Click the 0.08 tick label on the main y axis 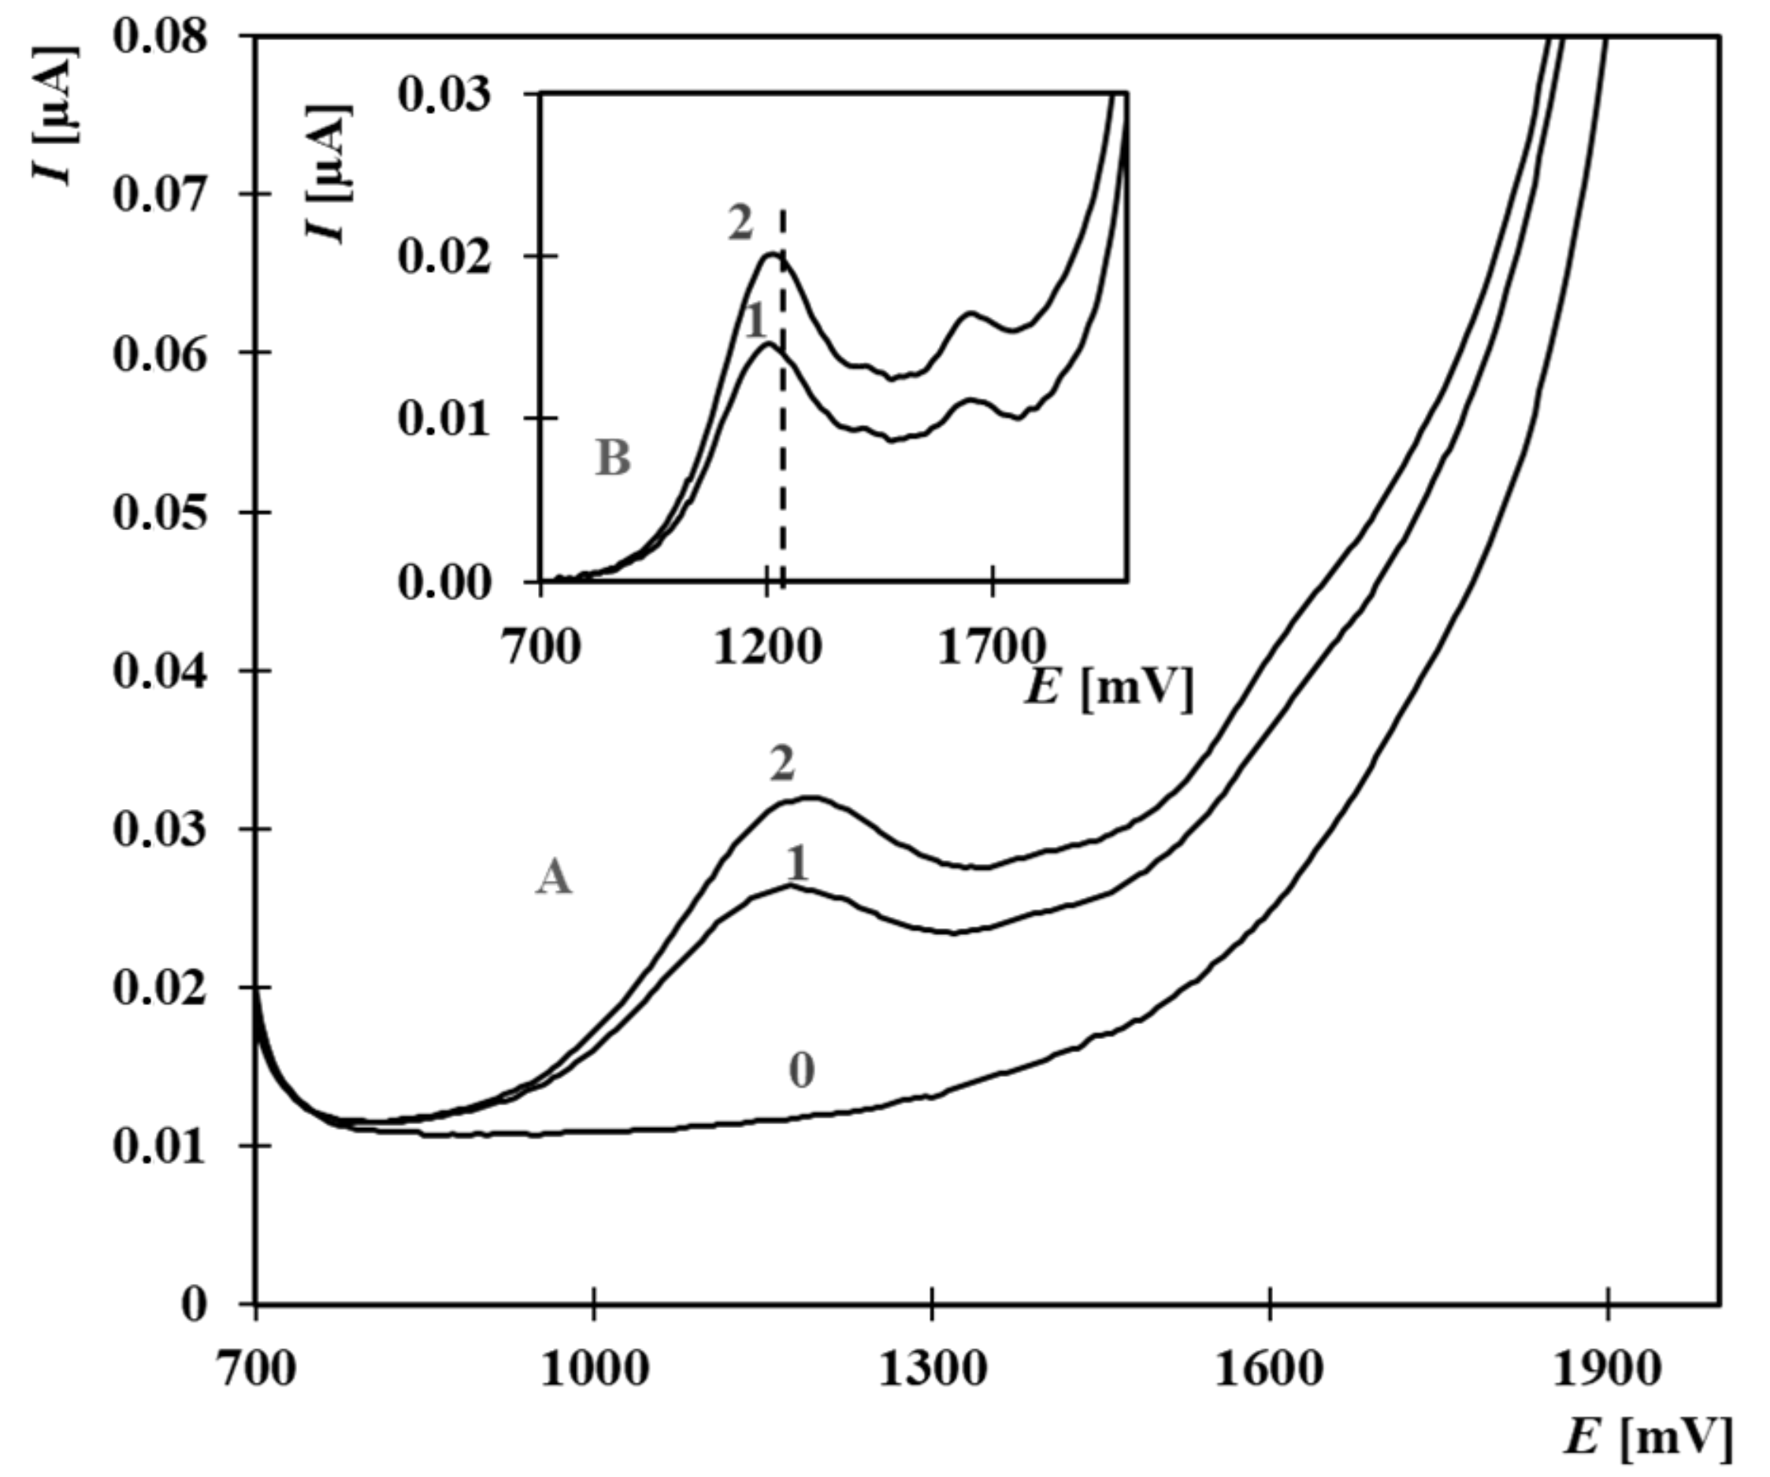(159, 38)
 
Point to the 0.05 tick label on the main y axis (159, 513)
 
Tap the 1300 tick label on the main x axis (931, 1370)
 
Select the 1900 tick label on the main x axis (1607, 1370)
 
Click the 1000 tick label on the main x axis (594, 1370)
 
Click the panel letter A (554, 879)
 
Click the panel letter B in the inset (613, 460)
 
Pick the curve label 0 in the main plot (802, 1071)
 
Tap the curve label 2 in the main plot (782, 765)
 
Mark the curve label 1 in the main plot (796, 864)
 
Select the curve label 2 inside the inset (740, 225)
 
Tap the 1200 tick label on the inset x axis (766, 649)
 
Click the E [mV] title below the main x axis (1649, 1438)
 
